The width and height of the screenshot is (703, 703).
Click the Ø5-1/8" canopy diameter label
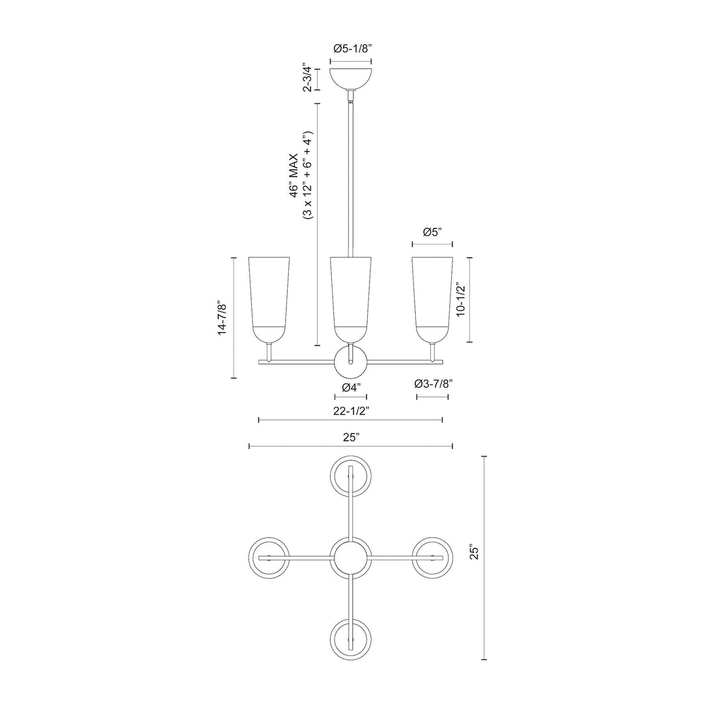pyautogui.click(x=351, y=48)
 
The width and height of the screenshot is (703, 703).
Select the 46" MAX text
pyautogui.click(x=294, y=176)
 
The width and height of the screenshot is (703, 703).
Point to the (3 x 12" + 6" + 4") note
pyautogui.click(x=309, y=176)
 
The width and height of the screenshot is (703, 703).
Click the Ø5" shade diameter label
pyautogui.click(x=432, y=232)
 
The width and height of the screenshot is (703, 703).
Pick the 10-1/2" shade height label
pyautogui.click(x=462, y=299)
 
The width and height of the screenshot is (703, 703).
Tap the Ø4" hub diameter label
pyautogui.click(x=351, y=387)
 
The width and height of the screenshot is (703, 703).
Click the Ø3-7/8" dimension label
pyautogui.click(x=433, y=384)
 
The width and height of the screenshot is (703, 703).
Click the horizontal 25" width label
pyautogui.click(x=351, y=437)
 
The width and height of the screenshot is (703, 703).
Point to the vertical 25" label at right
pyautogui.click(x=475, y=552)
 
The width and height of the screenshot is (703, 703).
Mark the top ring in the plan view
pyautogui.click(x=351, y=476)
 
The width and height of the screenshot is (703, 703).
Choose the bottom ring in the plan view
pyautogui.click(x=351, y=640)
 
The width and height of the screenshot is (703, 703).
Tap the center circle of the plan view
pyautogui.click(x=351, y=558)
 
